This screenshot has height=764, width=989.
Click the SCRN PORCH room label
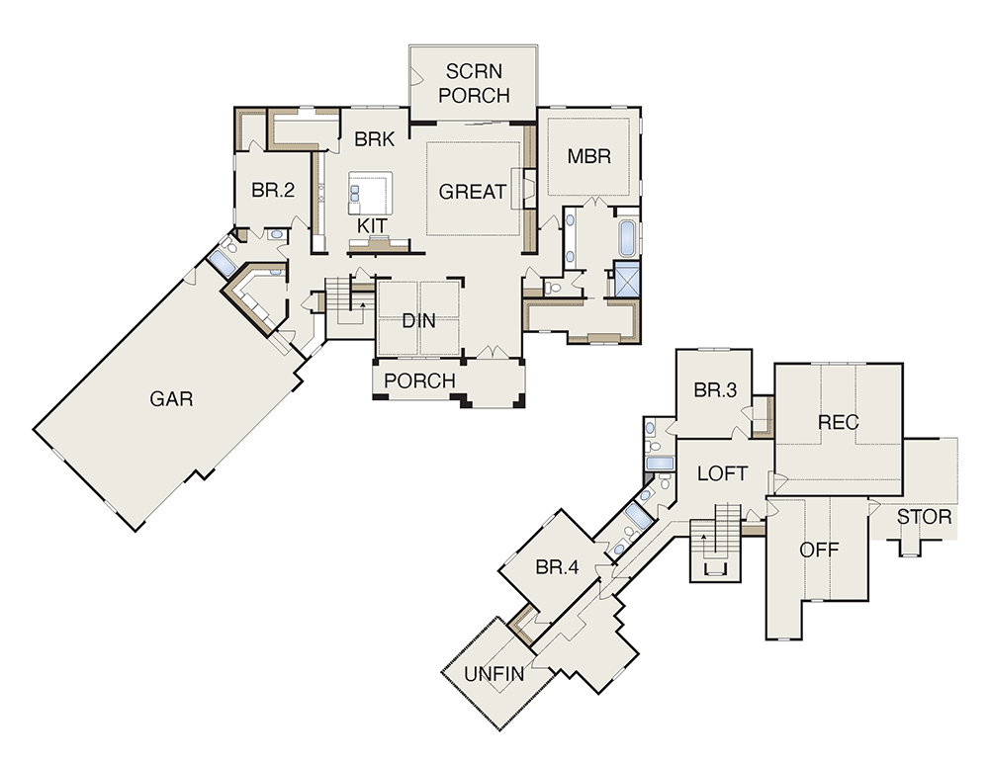(475, 83)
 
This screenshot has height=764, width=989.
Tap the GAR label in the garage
(171, 399)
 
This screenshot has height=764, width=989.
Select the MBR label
(589, 156)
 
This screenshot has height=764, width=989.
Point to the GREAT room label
(473, 192)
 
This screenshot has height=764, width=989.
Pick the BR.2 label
(273, 190)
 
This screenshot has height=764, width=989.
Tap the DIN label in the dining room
(418, 321)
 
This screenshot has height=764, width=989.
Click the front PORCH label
(419, 381)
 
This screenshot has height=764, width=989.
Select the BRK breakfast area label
(375, 138)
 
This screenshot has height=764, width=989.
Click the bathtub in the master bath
(626, 237)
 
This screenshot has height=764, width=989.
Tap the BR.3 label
(715, 390)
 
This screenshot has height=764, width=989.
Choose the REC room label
(839, 422)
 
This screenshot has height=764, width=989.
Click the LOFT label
(723, 473)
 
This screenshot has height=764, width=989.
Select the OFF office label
(819, 550)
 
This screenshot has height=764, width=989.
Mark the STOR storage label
(924, 518)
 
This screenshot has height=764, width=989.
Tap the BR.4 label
(557, 567)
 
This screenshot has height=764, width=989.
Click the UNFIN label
(494, 674)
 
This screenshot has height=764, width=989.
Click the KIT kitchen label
(372, 225)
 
